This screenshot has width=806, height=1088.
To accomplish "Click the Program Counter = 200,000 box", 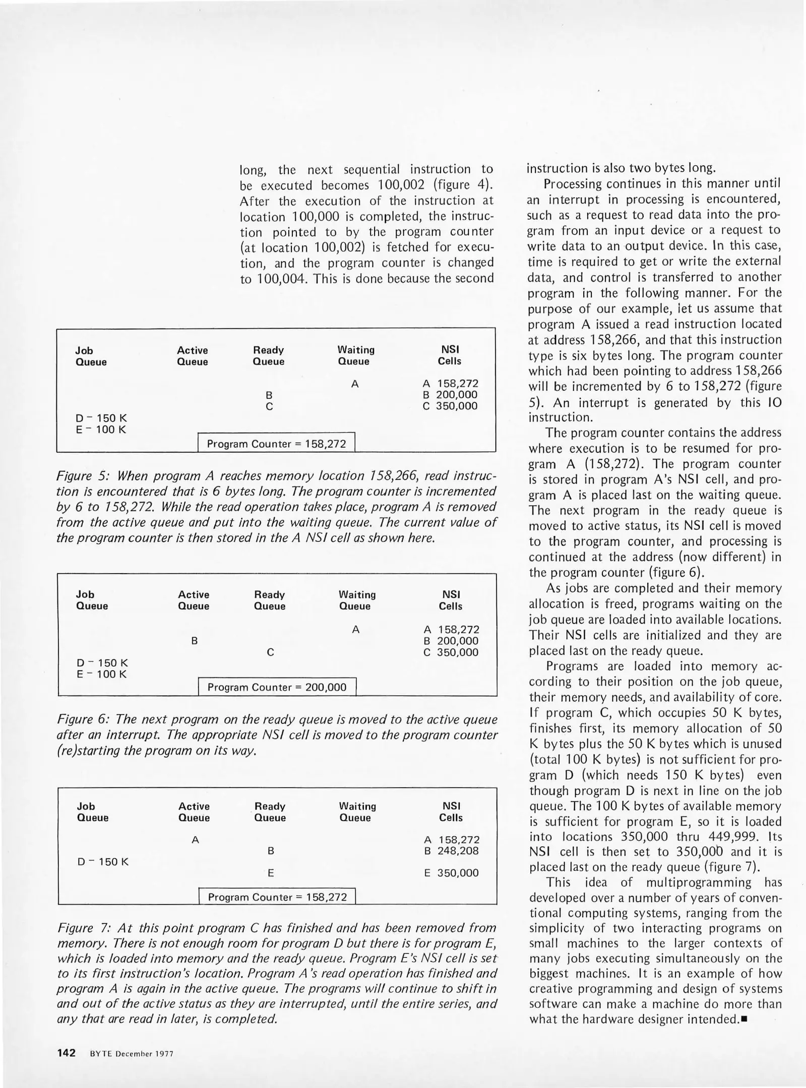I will (277, 688).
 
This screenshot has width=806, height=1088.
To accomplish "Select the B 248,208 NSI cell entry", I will (451, 851).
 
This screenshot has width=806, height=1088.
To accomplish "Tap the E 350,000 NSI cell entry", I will (451, 873).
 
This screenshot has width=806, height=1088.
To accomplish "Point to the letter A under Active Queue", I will (196, 840).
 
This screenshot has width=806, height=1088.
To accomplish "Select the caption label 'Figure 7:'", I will (86, 928).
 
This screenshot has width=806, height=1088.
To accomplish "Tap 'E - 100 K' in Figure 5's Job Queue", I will (101, 430).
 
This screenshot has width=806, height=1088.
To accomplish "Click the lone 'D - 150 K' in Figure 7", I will (103, 862).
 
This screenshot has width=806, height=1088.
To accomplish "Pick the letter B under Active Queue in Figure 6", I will (194, 641).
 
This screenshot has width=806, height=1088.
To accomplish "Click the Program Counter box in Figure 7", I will (277, 897).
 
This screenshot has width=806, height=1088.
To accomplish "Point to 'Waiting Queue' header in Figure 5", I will (355, 356).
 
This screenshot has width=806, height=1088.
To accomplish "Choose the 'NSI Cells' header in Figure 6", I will (450, 600).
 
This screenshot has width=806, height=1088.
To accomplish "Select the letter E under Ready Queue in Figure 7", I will (271, 873).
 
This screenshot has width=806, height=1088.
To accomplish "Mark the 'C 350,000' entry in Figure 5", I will (450, 406).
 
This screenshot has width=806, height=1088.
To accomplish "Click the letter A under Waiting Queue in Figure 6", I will (356, 630).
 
